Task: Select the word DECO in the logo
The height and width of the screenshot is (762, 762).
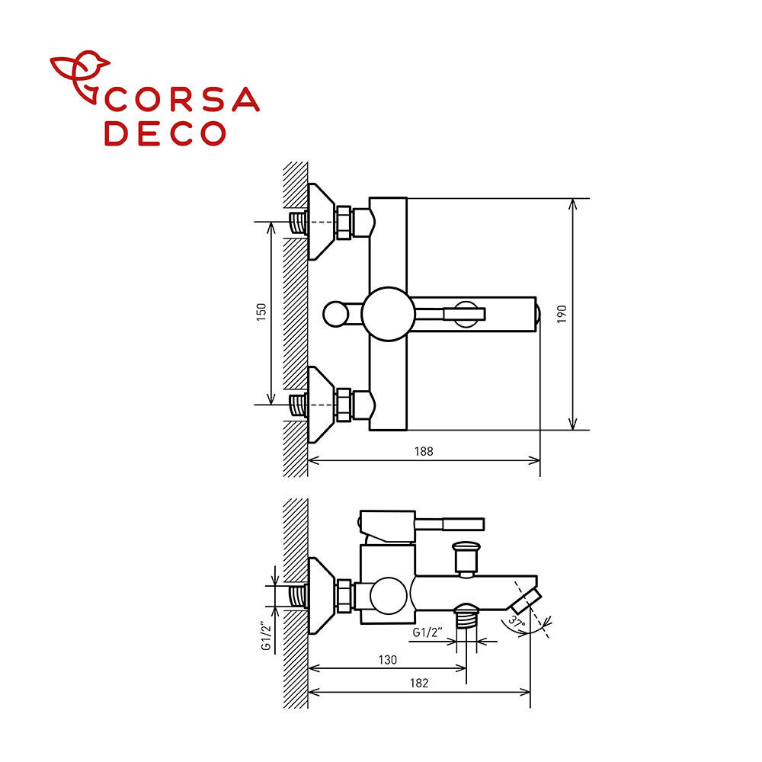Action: (x=165, y=133)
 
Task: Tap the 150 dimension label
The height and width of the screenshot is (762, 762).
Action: (x=261, y=312)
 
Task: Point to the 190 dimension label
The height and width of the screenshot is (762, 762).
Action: (x=562, y=315)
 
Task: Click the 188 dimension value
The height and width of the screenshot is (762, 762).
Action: (x=423, y=451)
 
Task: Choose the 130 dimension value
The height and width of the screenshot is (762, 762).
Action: (x=388, y=660)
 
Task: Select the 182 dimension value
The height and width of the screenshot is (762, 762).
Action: (x=419, y=684)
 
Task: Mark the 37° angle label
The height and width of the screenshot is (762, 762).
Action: (x=517, y=622)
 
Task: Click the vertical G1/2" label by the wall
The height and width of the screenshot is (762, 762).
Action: (x=265, y=636)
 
